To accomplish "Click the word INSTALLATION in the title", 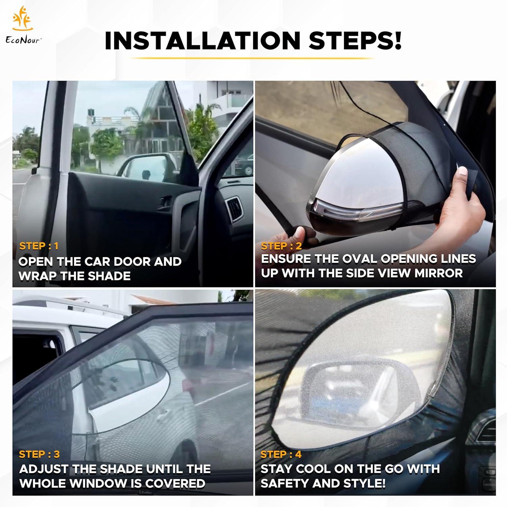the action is [202, 41].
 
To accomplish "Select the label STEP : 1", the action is [39, 246].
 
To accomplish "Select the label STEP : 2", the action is [281, 246].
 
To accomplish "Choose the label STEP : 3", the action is [39, 454].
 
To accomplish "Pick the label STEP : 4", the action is [281, 454].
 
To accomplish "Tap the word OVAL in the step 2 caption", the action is [361, 259].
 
